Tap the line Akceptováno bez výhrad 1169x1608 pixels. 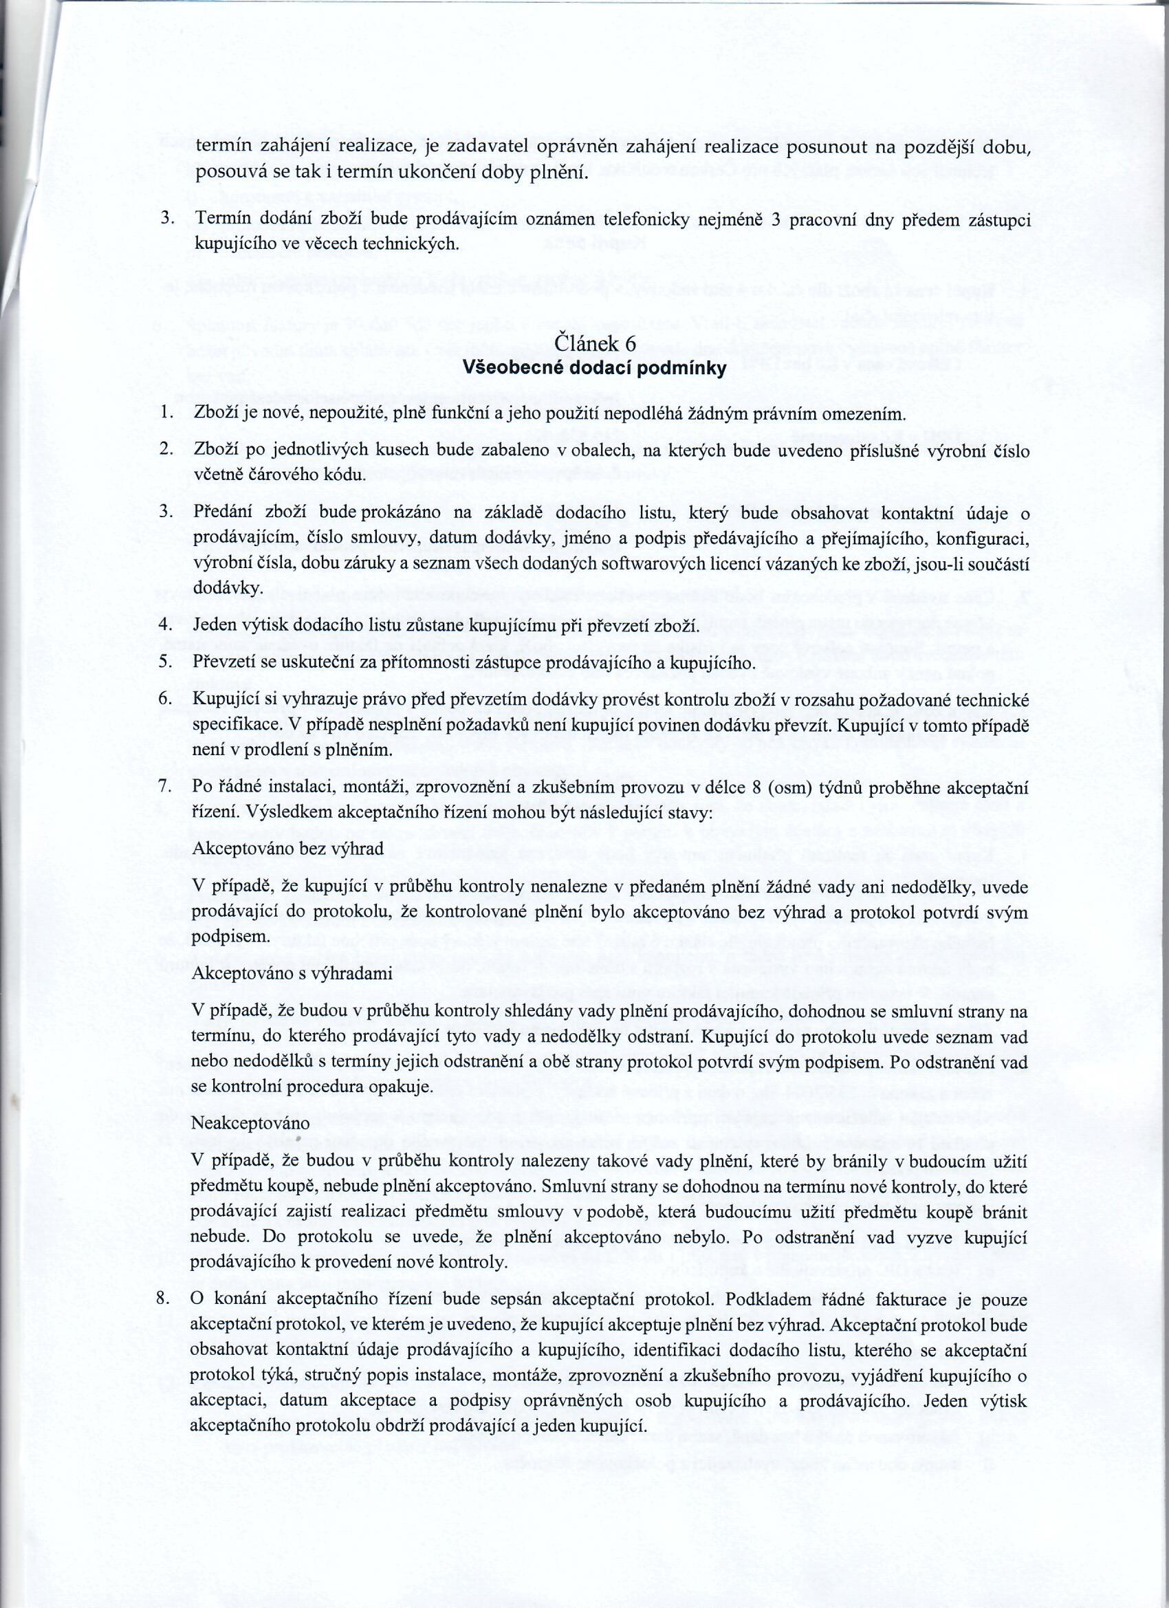point(288,849)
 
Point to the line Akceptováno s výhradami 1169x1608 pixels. point(292,973)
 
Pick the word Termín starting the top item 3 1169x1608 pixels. point(219,221)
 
